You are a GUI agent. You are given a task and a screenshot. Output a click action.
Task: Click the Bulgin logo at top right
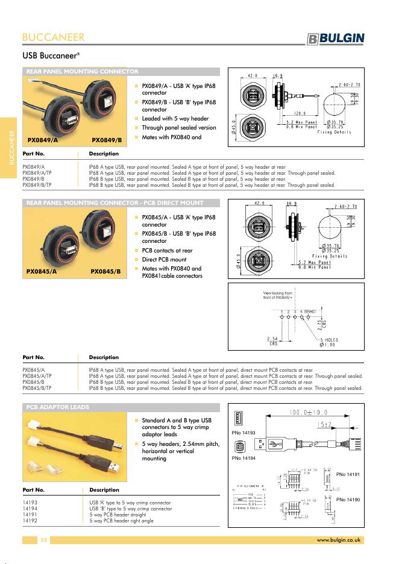click(x=335, y=39)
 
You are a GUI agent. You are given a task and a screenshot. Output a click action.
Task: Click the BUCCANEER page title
click(x=53, y=37)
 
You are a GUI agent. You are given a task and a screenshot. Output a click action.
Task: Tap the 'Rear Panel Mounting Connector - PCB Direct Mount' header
click(x=115, y=203)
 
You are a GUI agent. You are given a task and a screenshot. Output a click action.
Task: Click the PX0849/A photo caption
click(x=43, y=140)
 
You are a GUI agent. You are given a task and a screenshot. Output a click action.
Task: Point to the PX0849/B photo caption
click(x=107, y=140)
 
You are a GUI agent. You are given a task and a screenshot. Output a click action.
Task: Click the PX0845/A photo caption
click(x=42, y=272)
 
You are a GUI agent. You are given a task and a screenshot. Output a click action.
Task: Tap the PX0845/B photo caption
click(x=105, y=272)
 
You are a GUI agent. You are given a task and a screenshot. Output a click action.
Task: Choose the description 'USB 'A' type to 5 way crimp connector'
click(x=130, y=503)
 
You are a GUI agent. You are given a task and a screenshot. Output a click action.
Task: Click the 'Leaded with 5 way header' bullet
click(x=175, y=119)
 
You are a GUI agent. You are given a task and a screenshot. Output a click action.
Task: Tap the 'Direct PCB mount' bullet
click(x=164, y=260)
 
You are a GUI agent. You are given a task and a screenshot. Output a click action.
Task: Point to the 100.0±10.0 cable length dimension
click(x=309, y=413)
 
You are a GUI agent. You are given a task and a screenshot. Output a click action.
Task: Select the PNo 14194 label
click(x=243, y=459)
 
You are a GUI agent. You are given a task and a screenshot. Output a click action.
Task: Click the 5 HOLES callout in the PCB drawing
click(x=329, y=340)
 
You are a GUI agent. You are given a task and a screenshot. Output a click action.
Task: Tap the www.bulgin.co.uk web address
click(x=338, y=540)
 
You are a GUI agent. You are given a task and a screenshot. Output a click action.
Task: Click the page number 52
click(x=43, y=540)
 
